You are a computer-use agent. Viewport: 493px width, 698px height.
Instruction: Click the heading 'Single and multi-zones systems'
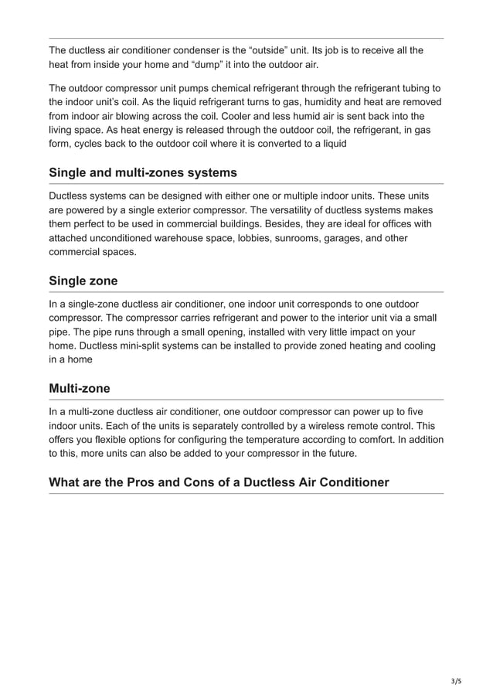(x=142, y=172)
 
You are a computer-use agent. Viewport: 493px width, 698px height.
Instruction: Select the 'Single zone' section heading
(x=83, y=280)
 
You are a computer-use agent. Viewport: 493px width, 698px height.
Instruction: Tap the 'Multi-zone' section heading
(x=79, y=387)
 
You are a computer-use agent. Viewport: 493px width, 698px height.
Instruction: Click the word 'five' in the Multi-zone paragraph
(x=412, y=411)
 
